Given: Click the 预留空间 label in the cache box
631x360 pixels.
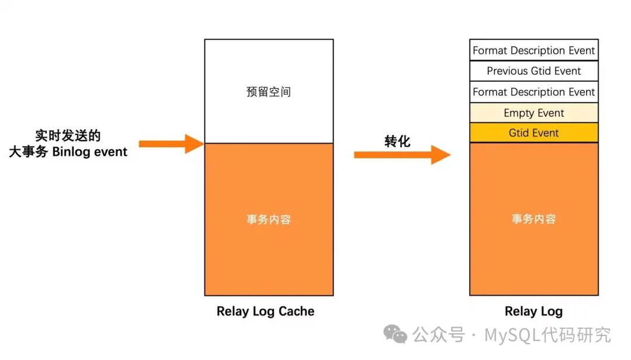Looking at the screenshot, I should [x=268, y=92].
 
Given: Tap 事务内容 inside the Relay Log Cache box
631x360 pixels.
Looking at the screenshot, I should [x=268, y=220].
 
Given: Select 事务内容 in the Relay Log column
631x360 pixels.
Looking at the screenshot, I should [x=533, y=219].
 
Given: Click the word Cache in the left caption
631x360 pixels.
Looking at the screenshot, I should [x=296, y=311].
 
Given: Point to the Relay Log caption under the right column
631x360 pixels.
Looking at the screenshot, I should [x=533, y=311].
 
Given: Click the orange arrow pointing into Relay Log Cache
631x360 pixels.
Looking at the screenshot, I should [x=171, y=143].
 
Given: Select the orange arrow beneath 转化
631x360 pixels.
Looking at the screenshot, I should [x=402, y=155].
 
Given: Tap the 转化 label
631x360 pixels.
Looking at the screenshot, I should [x=397, y=141].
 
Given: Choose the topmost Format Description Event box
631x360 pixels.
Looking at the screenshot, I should [x=533, y=50].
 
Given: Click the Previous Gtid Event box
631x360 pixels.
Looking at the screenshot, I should [x=533, y=71].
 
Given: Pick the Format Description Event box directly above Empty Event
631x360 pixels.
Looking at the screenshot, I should [x=533, y=92].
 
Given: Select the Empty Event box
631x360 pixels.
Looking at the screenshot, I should [x=533, y=113].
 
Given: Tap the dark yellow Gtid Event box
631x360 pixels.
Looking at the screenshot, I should [x=533, y=133].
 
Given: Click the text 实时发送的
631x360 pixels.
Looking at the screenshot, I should [x=68, y=136].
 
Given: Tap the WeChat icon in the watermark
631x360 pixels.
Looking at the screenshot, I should [x=395, y=335].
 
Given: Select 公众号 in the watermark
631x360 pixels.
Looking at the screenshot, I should [x=438, y=335].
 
